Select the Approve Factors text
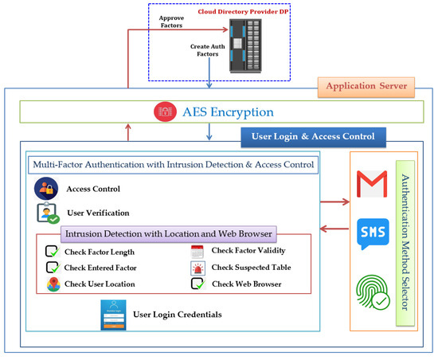pyautogui.click(x=172, y=22)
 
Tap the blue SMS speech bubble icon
pyautogui.click(x=374, y=232)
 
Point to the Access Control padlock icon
pyautogui.click(x=45, y=190)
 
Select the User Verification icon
pyautogui.click(x=46, y=214)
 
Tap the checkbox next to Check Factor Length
pyautogui.click(x=53, y=252)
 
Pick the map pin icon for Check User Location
pyautogui.click(x=53, y=284)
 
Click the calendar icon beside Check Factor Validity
pyautogui.click(x=197, y=252)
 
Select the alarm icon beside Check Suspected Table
pyautogui.click(x=197, y=268)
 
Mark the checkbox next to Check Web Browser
pyautogui.click(x=197, y=284)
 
